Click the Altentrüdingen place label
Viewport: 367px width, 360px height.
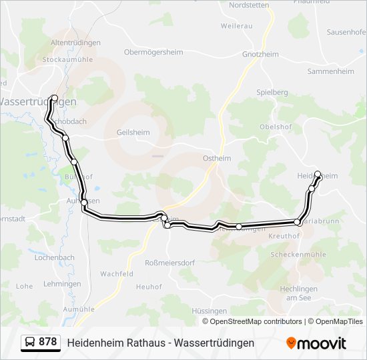pyautogui.click(x=75, y=43)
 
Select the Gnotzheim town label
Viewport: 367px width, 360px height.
pyautogui.click(x=260, y=53)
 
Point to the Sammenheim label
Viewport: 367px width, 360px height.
pyautogui.click(x=331, y=70)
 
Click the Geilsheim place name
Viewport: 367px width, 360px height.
pyautogui.click(x=133, y=132)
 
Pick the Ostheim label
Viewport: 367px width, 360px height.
pyautogui.click(x=216, y=158)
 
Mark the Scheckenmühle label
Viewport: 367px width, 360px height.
pyautogui.click(x=298, y=255)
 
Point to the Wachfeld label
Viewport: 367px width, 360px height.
pyautogui.click(x=117, y=274)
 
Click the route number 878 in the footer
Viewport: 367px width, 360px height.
pyautogui.click(x=48, y=342)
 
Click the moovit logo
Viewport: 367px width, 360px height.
pyautogui.click(x=316, y=343)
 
